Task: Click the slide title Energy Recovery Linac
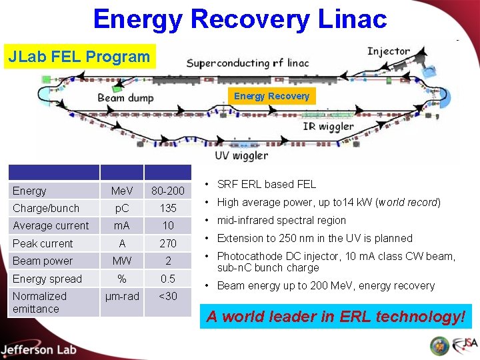click(x=240, y=19)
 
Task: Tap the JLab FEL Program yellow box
click(x=79, y=57)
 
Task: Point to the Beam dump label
click(x=125, y=98)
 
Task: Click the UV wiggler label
click(x=241, y=155)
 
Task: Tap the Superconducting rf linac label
click(x=248, y=64)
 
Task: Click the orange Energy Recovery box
click(x=271, y=96)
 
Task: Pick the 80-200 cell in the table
click(x=167, y=191)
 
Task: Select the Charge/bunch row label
click(x=46, y=208)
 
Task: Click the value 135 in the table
click(x=167, y=208)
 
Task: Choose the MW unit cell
click(x=121, y=261)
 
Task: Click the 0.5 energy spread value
click(x=167, y=279)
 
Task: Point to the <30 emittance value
click(x=167, y=296)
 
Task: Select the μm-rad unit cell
click(x=121, y=296)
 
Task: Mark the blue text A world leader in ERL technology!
click(x=335, y=316)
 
